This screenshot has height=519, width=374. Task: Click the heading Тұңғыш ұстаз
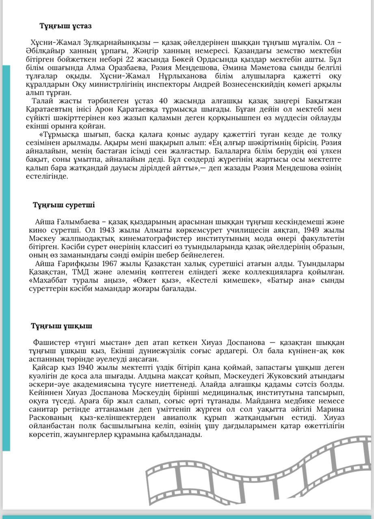(65, 26)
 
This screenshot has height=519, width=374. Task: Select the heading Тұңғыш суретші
(64, 205)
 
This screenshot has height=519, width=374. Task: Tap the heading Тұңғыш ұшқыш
(61, 326)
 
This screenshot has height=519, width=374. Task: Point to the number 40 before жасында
(163, 101)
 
